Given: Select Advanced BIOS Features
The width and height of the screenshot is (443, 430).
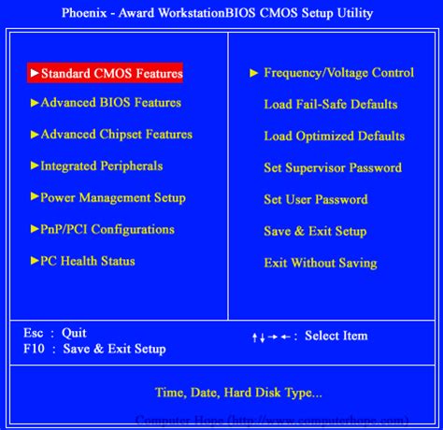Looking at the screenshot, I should [x=110, y=103].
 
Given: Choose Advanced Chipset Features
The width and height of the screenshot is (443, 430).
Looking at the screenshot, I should [x=116, y=135].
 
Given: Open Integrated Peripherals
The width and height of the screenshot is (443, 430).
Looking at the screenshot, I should [x=101, y=166].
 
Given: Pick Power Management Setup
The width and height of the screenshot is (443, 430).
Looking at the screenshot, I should [x=112, y=198].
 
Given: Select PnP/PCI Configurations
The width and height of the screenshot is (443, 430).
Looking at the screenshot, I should [x=107, y=230].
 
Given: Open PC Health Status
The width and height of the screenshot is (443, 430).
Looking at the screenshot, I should [x=87, y=262].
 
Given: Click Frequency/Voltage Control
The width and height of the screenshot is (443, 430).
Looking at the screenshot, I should [x=338, y=73].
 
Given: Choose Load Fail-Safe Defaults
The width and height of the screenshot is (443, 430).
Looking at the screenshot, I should [x=330, y=105].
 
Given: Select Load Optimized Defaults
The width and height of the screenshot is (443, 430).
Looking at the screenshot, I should [x=334, y=136].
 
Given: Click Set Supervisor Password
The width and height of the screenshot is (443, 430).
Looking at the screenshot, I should [x=332, y=168].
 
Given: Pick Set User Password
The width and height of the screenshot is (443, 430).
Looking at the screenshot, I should [x=315, y=200].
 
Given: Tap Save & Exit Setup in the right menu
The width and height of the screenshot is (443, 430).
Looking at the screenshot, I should [x=315, y=232].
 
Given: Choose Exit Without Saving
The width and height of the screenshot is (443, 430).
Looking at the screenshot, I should [x=320, y=264].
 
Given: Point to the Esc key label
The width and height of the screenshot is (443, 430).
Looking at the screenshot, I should [x=34, y=333].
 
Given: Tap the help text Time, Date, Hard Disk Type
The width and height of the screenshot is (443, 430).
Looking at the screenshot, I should [x=238, y=392].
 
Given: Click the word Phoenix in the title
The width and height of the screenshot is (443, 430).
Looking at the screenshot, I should [x=89, y=13].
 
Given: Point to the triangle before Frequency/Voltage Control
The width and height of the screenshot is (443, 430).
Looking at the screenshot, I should [x=253, y=73].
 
